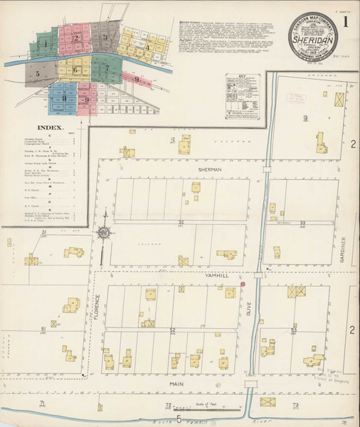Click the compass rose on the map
[x=105, y=232]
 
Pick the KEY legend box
[x=241, y=85]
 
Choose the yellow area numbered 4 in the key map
[x=146, y=46]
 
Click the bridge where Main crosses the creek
[x=250, y=384]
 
